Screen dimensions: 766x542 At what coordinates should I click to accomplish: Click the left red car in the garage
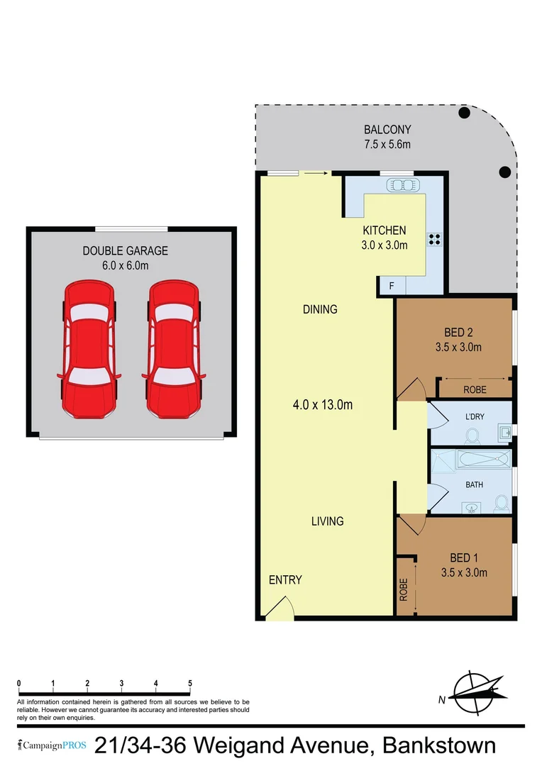coord(88,350)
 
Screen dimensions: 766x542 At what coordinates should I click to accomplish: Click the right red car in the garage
coord(172,350)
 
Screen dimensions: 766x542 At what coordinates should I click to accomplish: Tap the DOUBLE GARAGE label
coord(126,250)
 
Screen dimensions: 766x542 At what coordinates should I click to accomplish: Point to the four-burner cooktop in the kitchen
coord(434,239)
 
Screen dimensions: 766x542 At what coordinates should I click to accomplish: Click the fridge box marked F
coord(391,286)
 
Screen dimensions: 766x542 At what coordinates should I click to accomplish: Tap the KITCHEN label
coord(384,231)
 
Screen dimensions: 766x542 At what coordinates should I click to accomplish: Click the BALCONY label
coord(387,130)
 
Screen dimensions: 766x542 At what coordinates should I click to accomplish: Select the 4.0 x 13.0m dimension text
coord(323,405)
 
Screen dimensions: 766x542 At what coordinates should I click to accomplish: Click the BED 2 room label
coord(458,332)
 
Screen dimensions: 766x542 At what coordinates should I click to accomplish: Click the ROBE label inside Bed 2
coord(475,389)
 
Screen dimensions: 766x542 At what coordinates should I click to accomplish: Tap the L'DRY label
coord(475,416)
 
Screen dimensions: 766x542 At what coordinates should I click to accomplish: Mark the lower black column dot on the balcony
coord(504,172)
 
